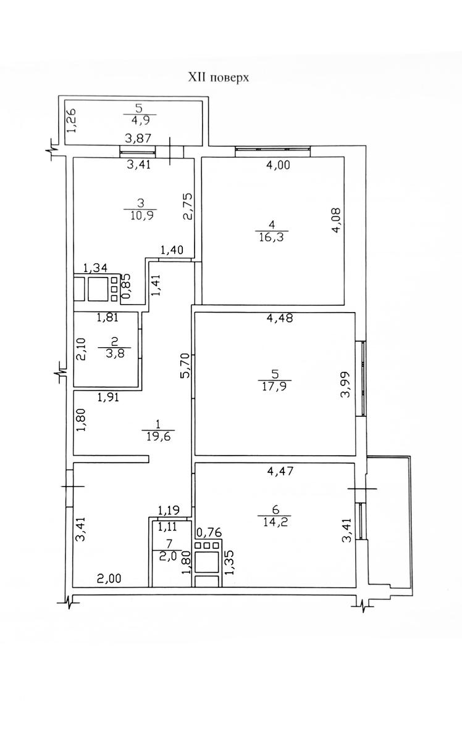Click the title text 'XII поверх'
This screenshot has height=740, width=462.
[x=219, y=78]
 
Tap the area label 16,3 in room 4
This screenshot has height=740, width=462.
[x=271, y=237]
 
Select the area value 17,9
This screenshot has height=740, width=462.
[x=274, y=386]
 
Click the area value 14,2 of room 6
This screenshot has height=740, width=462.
[x=275, y=522]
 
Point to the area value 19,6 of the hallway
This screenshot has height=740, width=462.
[x=158, y=437]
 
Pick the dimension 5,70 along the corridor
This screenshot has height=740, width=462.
[x=186, y=365]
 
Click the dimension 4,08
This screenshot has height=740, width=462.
[x=336, y=220]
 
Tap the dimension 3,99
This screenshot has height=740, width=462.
[x=345, y=385]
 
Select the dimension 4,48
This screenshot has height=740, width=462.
[x=280, y=318]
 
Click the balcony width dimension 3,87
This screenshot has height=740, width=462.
[x=138, y=138]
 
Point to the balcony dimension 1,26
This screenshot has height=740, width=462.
[x=72, y=121]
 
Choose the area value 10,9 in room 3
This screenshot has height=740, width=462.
[x=141, y=215]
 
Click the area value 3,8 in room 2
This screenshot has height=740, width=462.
[x=115, y=353]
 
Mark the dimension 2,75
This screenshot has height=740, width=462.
[x=187, y=206]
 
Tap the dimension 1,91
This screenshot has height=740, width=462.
[x=108, y=397]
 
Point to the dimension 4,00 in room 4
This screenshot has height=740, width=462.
[x=279, y=165]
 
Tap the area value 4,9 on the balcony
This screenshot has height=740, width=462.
[x=140, y=120]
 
